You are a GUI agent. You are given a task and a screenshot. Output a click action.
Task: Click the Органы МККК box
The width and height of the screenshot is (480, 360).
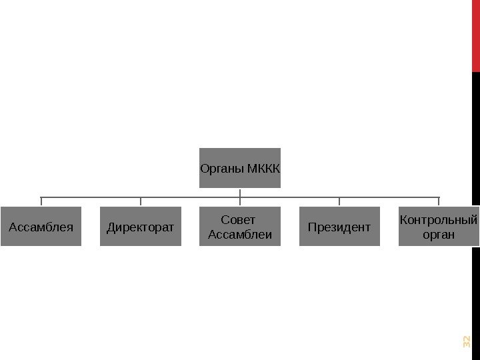pyautogui.click(x=240, y=167)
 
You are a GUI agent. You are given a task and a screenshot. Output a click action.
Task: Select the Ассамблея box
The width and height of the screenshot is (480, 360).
pyautogui.click(x=41, y=226)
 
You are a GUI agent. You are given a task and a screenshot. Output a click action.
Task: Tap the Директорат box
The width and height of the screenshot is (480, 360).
pyautogui.click(x=140, y=226)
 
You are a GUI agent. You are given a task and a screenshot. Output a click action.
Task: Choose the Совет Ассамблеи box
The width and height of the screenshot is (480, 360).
pyautogui.click(x=240, y=226)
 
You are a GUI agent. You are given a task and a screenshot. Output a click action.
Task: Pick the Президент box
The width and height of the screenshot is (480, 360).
pyautogui.click(x=339, y=226)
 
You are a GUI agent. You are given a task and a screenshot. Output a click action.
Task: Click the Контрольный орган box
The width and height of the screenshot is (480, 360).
pyautogui.click(x=439, y=226)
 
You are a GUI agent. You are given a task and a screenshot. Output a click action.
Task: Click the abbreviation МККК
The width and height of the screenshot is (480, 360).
pyautogui.click(x=263, y=167)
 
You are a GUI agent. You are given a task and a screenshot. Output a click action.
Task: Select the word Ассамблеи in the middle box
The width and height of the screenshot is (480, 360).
pyautogui.click(x=240, y=233)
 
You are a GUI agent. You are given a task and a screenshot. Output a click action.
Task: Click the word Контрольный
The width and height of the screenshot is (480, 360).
pyautogui.click(x=439, y=220)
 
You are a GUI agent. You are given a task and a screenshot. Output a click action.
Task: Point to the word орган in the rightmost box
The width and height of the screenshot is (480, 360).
pyautogui.click(x=439, y=234)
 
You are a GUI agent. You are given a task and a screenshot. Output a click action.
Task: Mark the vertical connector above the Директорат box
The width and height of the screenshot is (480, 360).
pyautogui.click(x=140, y=201)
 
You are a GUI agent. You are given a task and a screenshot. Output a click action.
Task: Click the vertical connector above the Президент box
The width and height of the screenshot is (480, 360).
pyautogui.click(x=339, y=201)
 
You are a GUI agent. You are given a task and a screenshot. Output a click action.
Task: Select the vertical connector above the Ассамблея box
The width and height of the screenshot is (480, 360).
pyautogui.click(x=41, y=201)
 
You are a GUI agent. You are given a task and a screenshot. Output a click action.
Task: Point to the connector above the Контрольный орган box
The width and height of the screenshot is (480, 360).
pyautogui.click(x=439, y=201)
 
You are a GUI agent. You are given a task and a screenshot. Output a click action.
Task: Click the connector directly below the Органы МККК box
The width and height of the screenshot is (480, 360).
pyautogui.click(x=240, y=192)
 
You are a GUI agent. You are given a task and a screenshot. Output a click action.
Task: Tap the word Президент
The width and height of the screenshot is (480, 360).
pyautogui.click(x=339, y=227)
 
